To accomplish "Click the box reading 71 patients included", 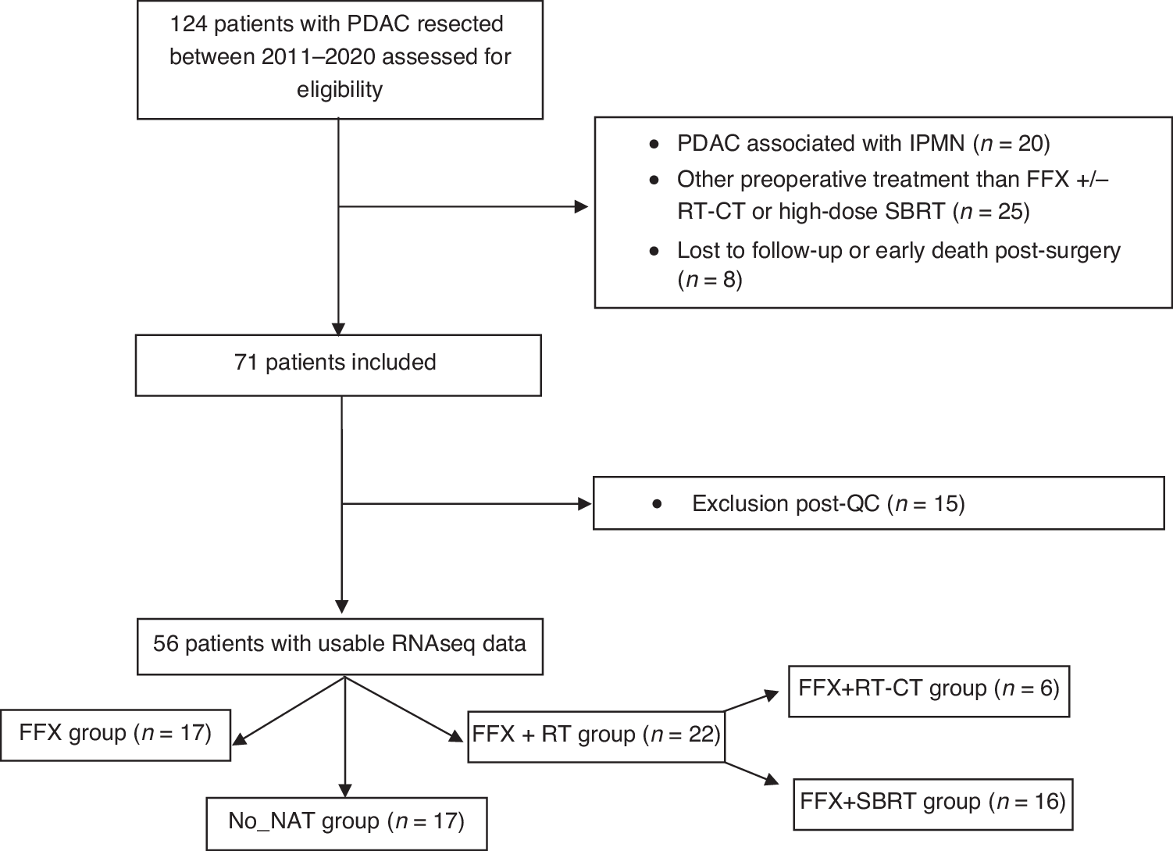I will click(338, 365).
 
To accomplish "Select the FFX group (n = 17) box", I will click(116, 735).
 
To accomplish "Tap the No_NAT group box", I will click(347, 823).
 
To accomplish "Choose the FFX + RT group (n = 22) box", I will click(596, 736).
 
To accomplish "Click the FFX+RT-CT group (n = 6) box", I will click(928, 690).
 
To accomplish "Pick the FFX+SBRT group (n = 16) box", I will click(932, 803).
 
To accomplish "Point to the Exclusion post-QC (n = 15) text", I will click(828, 504).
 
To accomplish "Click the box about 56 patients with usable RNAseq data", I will click(340, 645).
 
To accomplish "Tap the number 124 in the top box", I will click(189, 24).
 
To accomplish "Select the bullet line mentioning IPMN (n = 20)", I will click(863, 145).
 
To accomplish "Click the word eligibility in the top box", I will click(339, 90).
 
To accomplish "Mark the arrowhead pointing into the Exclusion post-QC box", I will click(584, 504).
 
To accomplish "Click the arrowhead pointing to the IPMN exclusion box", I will click(581, 207).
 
